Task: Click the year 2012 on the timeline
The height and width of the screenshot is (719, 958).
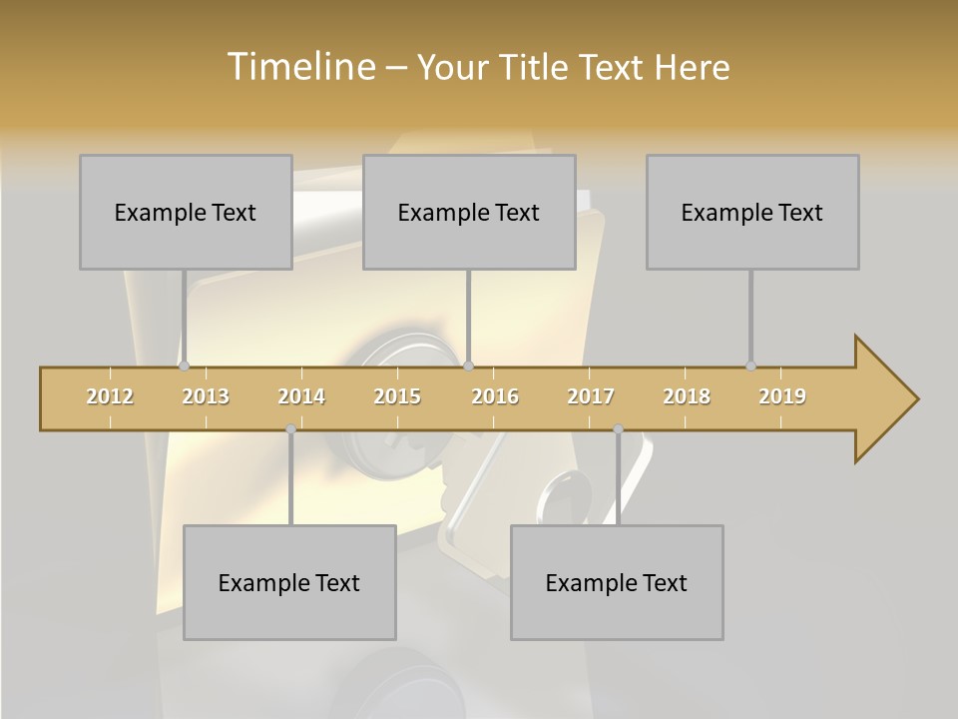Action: [x=110, y=396]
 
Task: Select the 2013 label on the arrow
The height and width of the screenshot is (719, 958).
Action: [x=206, y=396]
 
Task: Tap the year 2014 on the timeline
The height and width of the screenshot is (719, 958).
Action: [x=301, y=396]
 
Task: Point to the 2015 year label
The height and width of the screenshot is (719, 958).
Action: [x=397, y=396]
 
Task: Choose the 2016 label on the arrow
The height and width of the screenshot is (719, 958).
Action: [x=495, y=396]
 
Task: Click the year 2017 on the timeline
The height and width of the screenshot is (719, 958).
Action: [x=591, y=396]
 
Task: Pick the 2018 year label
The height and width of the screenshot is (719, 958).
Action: [x=687, y=396]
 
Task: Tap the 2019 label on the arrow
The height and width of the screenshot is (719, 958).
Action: [x=782, y=396]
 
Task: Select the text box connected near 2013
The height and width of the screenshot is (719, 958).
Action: [x=186, y=212]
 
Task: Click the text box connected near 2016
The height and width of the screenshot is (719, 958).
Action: [x=469, y=212]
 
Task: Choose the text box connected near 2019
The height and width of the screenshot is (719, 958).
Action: [x=752, y=212]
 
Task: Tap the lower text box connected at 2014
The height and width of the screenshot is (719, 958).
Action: [x=289, y=582]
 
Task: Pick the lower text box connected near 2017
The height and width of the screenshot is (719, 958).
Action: [x=617, y=582]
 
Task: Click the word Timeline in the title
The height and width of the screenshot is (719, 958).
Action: [x=299, y=67]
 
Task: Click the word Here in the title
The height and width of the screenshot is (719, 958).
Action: [x=692, y=67]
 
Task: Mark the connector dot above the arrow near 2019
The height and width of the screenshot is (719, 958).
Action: [x=750, y=365]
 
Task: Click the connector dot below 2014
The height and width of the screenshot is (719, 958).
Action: [x=290, y=428]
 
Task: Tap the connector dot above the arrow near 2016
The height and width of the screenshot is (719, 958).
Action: [x=468, y=365]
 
